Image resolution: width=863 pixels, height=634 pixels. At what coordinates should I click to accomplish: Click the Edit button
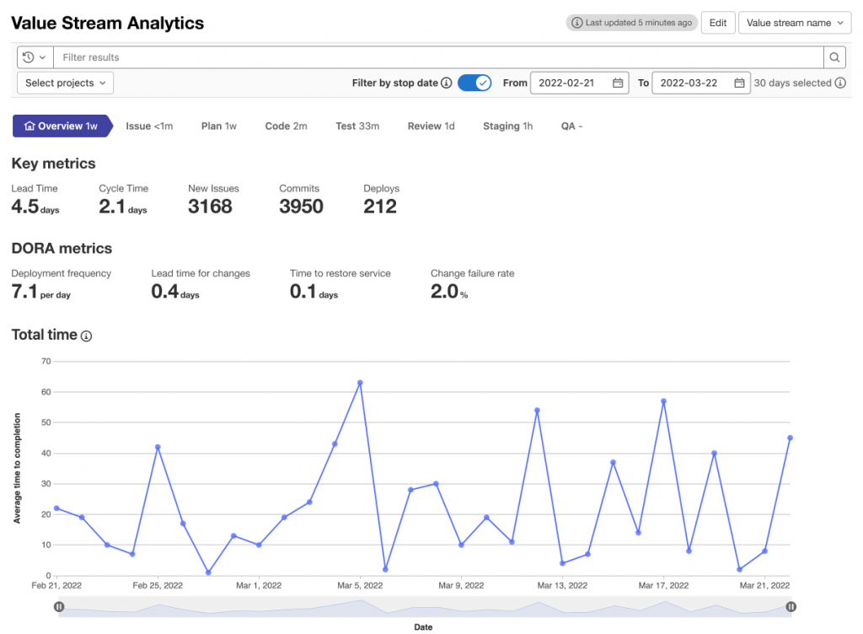[x=718, y=23]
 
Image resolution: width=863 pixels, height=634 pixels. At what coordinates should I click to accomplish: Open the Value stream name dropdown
[x=795, y=23]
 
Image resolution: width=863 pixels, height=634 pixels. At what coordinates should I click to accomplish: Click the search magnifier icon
[x=834, y=57]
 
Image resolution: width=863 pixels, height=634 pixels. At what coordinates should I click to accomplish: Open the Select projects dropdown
[x=65, y=83]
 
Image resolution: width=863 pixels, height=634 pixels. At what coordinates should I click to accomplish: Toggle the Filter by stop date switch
[x=474, y=83]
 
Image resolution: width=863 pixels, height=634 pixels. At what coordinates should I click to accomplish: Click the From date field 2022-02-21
[x=578, y=83]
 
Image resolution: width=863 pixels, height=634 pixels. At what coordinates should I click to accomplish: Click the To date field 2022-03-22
[x=700, y=83]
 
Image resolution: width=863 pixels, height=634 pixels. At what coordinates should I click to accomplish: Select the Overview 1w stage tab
[x=62, y=126]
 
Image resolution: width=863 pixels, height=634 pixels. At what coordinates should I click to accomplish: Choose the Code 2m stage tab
[x=286, y=126]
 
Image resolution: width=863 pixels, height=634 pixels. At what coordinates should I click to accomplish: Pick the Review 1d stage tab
[x=431, y=126]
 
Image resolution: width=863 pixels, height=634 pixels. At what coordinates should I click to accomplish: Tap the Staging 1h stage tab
[x=507, y=126]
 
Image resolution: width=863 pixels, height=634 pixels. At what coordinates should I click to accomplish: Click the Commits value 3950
[x=301, y=207]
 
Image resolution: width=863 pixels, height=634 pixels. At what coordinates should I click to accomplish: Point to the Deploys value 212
[x=380, y=207]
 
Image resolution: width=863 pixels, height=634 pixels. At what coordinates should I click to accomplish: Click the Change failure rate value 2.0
[x=444, y=292]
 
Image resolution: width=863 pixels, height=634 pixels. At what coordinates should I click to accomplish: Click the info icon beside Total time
[x=86, y=336]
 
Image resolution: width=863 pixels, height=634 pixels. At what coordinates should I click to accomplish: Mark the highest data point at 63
[x=360, y=383]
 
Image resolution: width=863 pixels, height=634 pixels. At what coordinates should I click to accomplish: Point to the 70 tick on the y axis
[x=46, y=362]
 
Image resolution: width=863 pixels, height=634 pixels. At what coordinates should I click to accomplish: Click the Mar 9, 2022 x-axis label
[x=460, y=585]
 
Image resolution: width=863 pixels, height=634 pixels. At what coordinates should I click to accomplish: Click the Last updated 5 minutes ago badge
[x=632, y=23]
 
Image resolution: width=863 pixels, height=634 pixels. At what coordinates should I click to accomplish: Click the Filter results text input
[x=438, y=57]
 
